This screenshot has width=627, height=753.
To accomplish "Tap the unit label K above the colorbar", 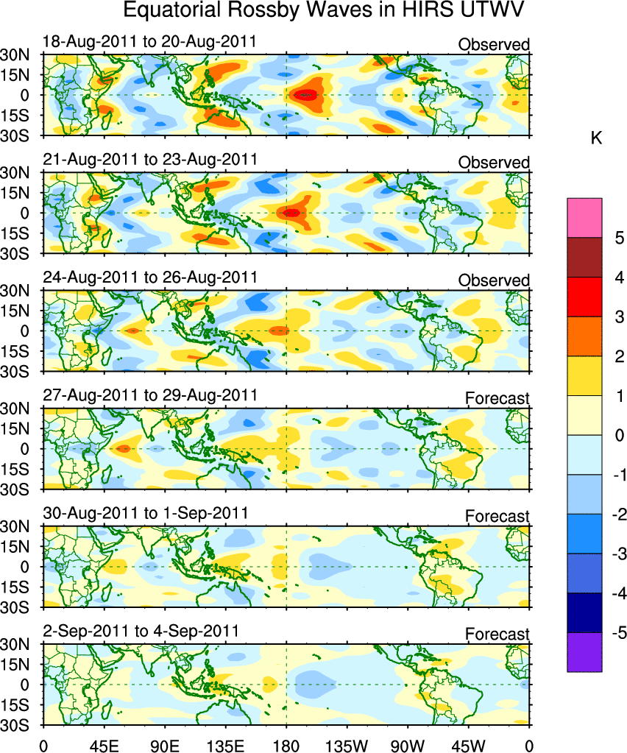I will tap(597, 138).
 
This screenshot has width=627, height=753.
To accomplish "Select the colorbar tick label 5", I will tap(619, 238).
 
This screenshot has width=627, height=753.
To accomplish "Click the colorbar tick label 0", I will tap(619, 435).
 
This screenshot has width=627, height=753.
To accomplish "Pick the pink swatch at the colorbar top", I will tap(584, 218).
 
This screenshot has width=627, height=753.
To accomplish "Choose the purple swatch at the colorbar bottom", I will tap(584, 651).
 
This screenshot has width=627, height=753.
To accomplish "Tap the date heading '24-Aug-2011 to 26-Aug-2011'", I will tap(150, 277).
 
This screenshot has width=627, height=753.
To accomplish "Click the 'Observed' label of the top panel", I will tap(494, 45).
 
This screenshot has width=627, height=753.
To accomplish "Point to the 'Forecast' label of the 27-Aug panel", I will tap(497, 398).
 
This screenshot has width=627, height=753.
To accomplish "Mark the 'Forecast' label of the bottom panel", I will tap(497, 634).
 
